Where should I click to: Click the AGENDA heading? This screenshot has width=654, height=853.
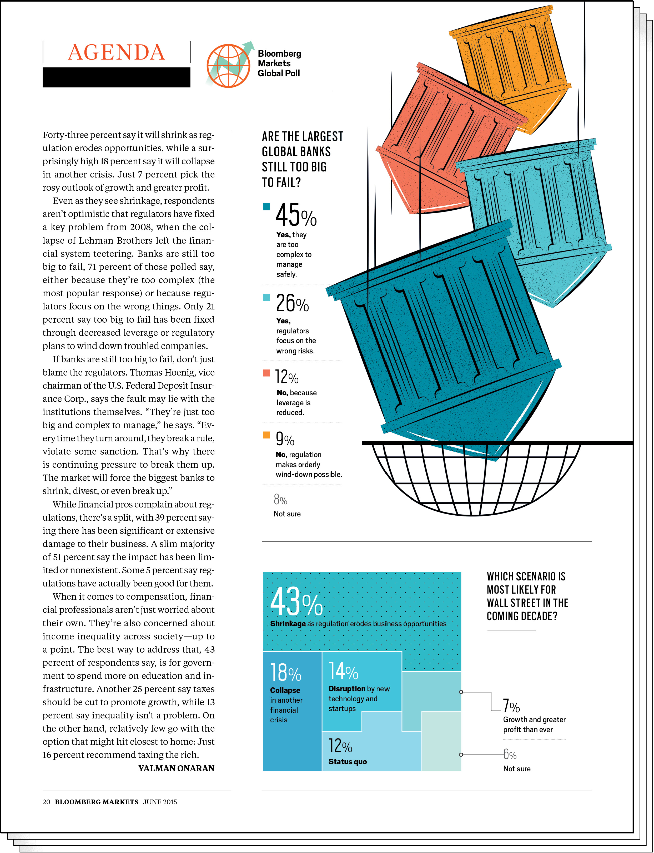point(116,53)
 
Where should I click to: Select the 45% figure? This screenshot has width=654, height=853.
point(296,215)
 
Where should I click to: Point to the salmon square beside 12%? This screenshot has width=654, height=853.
point(266,373)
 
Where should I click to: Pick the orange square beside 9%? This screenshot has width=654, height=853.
point(266,435)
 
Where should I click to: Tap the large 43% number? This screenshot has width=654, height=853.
point(296,602)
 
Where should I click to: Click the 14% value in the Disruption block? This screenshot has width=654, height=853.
point(343,671)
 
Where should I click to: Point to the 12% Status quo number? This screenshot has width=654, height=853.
point(340,746)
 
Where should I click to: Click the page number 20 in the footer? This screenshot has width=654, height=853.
point(46,802)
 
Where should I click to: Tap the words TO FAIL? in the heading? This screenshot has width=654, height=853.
point(281,182)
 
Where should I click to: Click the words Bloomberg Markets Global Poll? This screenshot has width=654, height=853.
point(279,63)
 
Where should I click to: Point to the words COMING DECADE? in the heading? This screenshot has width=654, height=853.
point(522,616)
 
